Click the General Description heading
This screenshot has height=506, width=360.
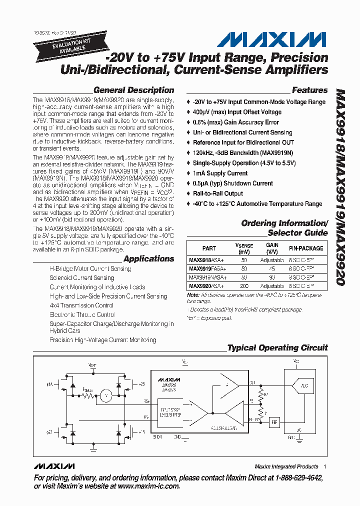pyautogui.click(x=133, y=90)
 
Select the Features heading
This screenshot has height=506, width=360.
pyautogui.click(x=309, y=90)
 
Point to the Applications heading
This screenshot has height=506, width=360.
pyautogui.click(x=148, y=259)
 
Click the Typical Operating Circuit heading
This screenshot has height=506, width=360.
pyautogui.click(x=277, y=348)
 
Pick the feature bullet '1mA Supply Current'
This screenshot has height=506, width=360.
pyautogui.click(x=220, y=173)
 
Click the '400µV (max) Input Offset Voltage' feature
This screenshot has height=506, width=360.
pyautogui.click(x=237, y=112)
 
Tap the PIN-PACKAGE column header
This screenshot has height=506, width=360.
pyautogui.click(x=305, y=248)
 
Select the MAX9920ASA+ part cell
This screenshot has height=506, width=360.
pyautogui.click(x=206, y=286)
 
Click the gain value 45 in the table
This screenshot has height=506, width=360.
pyautogui.click(x=272, y=268)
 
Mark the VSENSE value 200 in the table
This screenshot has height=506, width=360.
pyautogui.click(x=244, y=286)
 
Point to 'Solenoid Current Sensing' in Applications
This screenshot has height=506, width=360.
pyautogui.click(x=81, y=278)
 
